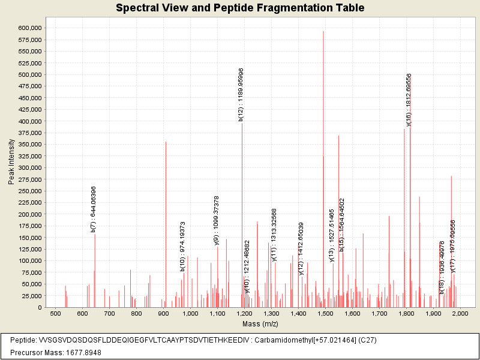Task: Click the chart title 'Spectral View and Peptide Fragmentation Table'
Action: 240,8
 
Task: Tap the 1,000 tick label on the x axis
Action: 190,314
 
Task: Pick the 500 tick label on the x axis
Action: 55,314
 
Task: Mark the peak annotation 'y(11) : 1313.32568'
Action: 274,235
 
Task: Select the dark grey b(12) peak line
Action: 242,210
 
